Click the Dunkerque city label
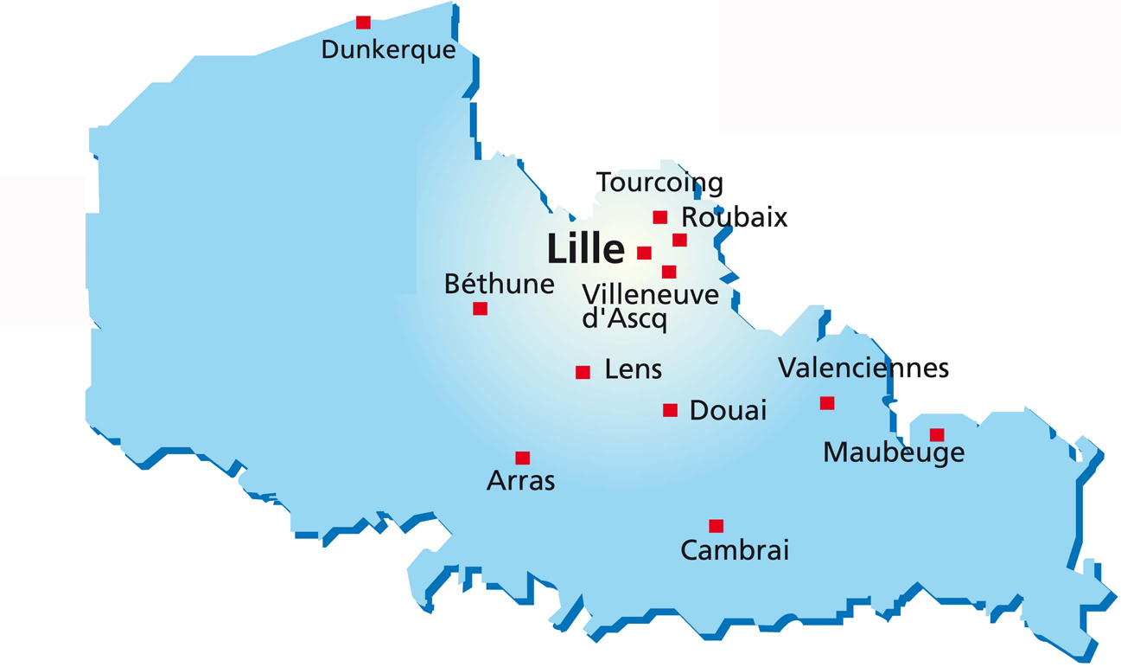(388, 50)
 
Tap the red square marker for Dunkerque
(363, 22)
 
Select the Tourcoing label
(659, 183)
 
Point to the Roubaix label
(735, 217)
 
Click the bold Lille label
(586, 250)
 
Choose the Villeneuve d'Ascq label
(650, 306)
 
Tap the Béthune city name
(499, 284)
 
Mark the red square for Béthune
(480, 309)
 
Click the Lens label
(634, 370)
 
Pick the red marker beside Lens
(583, 372)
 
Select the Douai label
(728, 410)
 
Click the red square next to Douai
(670, 410)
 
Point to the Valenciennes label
(863, 369)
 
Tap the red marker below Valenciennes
(827, 402)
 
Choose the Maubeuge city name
(894, 452)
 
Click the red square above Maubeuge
(936, 434)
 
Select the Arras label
(520, 481)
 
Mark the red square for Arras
(522, 458)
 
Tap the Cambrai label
(735, 550)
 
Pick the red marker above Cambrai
(716, 525)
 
